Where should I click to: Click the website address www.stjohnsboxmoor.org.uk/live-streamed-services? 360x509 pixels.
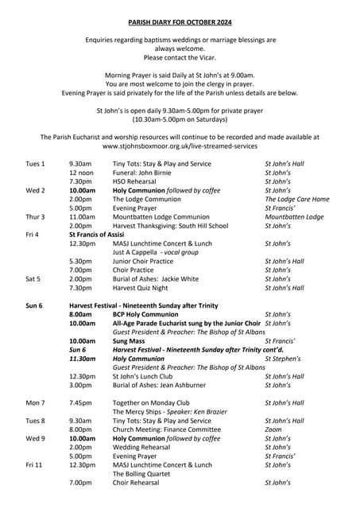[x=180, y=146]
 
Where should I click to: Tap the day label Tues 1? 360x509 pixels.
[x=35, y=164]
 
